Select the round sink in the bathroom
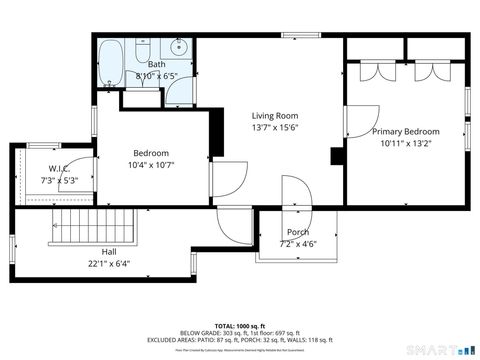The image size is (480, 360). click(180, 47)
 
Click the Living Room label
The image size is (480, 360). click(275, 115)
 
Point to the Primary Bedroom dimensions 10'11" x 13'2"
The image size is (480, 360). click(406, 144)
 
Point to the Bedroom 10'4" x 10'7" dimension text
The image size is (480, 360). click(151, 165)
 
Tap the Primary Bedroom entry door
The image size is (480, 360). click(358, 122)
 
